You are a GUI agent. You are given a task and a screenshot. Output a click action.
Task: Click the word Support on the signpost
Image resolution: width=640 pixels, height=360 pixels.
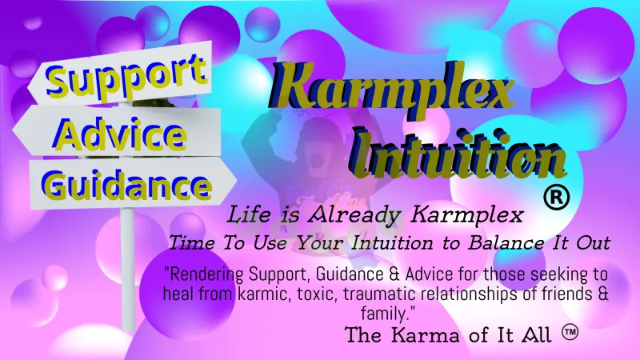126,78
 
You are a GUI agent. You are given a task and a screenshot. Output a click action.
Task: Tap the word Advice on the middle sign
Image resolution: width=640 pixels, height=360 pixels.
120,133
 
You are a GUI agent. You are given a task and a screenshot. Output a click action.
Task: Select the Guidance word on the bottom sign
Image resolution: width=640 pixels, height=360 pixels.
126,185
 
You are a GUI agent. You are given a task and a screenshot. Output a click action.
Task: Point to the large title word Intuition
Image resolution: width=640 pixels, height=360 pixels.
460,153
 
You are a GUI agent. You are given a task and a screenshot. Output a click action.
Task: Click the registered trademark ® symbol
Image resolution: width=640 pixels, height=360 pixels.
556,197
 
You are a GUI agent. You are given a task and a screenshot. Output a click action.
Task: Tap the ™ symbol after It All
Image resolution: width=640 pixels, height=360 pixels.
570,332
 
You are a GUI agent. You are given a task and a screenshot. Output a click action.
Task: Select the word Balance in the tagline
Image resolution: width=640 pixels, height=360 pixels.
506,243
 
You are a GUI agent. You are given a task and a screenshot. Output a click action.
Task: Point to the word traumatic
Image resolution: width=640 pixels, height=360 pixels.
374,294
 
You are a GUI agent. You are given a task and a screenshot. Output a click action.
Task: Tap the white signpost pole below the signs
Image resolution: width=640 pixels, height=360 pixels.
128,270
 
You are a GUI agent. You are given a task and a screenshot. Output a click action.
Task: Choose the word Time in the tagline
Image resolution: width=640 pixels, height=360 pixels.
192,243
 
